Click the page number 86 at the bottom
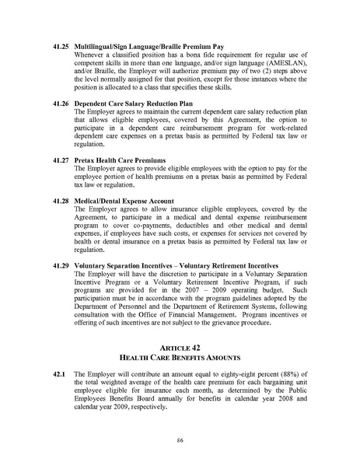(x=180, y=440)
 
